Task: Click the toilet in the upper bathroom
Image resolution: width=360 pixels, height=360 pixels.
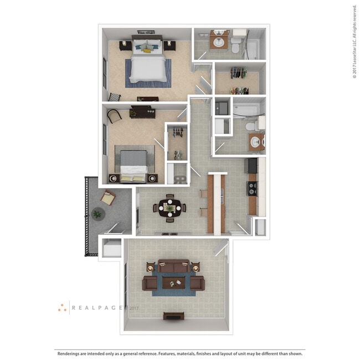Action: (235, 45)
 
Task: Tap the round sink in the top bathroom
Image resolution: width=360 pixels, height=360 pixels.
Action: (219, 40)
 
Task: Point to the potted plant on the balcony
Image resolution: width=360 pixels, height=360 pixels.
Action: (97, 214)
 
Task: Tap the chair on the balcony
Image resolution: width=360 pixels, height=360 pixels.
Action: (107, 196)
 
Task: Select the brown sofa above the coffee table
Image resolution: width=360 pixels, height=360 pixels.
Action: (173, 267)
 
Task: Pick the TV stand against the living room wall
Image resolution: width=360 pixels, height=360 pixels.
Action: (173, 316)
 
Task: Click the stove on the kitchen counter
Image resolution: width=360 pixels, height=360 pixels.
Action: (252, 188)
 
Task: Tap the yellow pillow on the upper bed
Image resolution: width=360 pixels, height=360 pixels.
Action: (147, 50)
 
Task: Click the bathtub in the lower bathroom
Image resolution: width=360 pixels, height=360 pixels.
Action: (246, 110)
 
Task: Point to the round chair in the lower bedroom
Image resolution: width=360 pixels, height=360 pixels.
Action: (114, 116)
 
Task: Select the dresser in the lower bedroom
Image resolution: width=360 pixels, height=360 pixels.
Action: (143, 113)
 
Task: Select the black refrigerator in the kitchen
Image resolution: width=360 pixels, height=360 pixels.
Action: (252, 165)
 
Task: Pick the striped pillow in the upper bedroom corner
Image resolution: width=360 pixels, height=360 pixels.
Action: (114, 97)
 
